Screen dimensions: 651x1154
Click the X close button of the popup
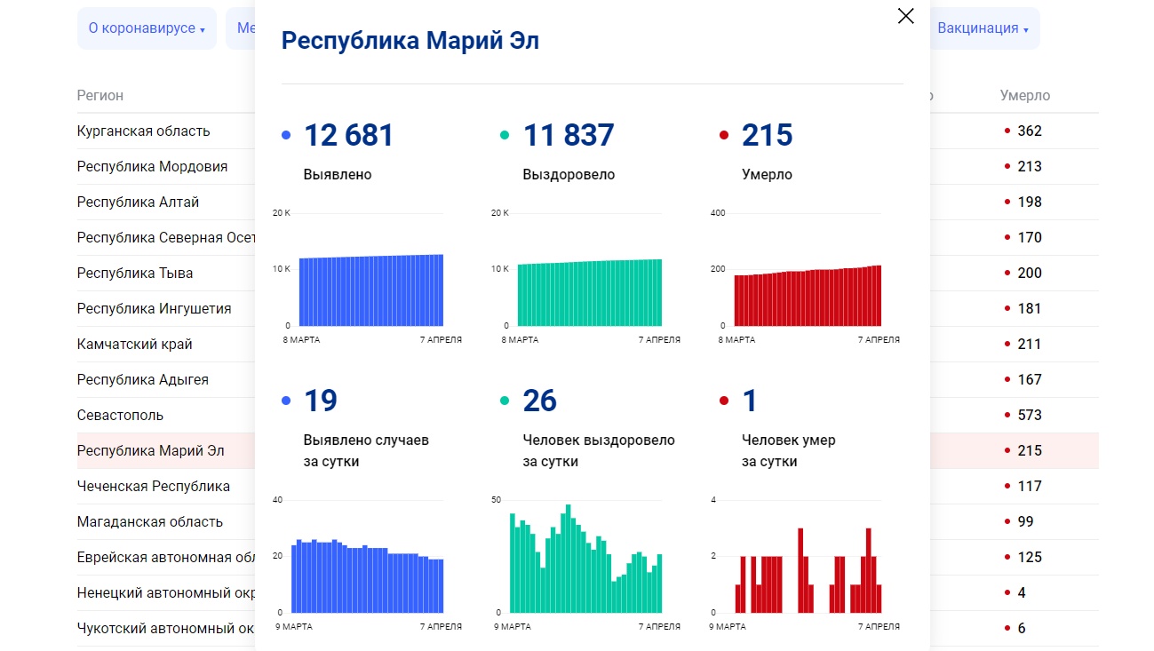coord(905,16)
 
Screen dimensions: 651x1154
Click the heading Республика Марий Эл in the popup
coord(410,41)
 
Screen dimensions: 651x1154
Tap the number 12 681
coord(348,135)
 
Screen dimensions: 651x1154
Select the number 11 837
coord(569,135)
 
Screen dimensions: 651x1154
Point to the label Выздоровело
coord(569,175)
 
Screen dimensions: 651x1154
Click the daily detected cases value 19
coord(321,401)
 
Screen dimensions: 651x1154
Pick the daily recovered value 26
coord(540,401)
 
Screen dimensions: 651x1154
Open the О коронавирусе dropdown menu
coord(147,28)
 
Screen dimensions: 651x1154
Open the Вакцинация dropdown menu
coord(983,28)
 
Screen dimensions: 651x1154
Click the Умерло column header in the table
coord(1024,95)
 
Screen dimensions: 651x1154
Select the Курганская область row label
coord(144,131)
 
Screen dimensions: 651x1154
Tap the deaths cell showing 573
coord(1030,415)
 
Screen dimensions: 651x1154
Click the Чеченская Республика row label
coord(154,486)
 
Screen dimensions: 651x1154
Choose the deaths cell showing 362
coord(1030,131)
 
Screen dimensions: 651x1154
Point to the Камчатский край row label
coord(135,344)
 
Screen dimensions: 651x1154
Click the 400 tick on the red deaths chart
coord(718,213)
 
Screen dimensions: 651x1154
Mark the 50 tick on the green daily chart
coord(496,500)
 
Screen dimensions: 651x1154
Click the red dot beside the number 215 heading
coord(724,136)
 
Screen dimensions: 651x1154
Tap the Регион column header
coord(100,95)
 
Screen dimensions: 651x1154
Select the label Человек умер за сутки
coord(788,450)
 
